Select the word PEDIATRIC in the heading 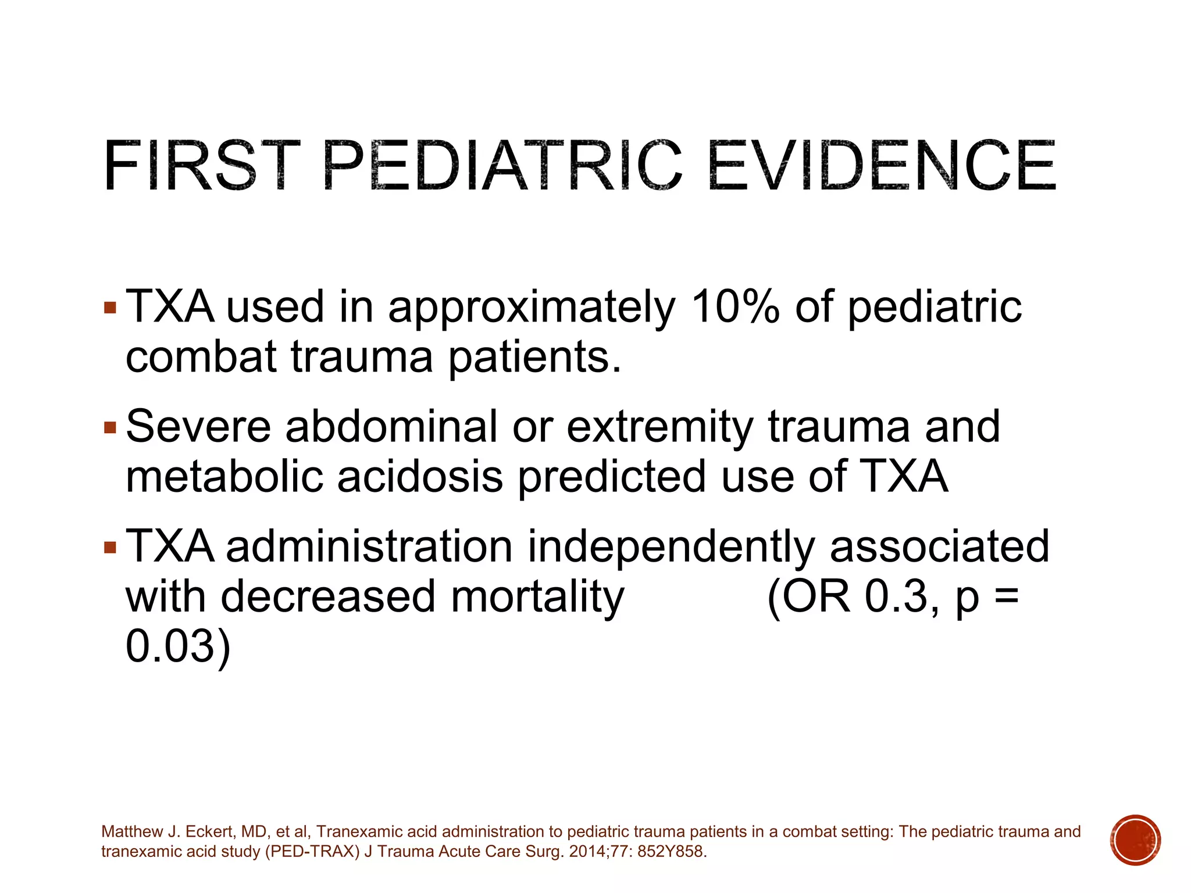coord(502,166)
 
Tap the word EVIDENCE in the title coord(882,166)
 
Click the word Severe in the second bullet coord(198,427)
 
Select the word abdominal coord(391,427)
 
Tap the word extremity coord(660,428)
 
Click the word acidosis coord(420,477)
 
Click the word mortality coord(537,598)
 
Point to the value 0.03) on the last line coord(178,646)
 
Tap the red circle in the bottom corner coord(1135,840)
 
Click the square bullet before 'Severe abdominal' coord(110,428)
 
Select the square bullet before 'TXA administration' coord(110,548)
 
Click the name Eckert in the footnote coord(206,832)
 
